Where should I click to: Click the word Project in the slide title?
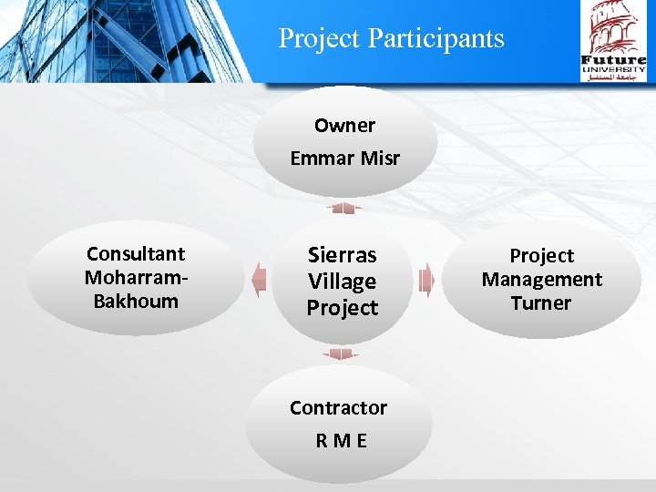pos(320,39)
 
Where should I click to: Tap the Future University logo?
pos(613,42)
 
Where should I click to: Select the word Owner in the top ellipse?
pos(344,126)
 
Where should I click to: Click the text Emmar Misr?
pos(344,159)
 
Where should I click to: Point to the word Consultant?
pos(135,254)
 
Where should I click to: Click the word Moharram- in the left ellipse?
pos(135,277)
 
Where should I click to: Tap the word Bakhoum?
pos(136,301)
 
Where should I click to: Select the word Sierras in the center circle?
pos(342,254)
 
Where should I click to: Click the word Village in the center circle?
pos(342,282)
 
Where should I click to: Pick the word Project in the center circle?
pos(342,308)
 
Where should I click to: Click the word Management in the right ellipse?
pos(541,280)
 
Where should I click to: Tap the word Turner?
pos(541,303)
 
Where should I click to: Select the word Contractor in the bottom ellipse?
pos(338,408)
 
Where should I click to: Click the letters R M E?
pos(341,441)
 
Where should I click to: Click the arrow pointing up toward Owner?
pos(343,209)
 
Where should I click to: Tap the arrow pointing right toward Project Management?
pos(425,280)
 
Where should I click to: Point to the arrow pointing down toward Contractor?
pos(342,354)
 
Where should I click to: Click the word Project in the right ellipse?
pos(541,256)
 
